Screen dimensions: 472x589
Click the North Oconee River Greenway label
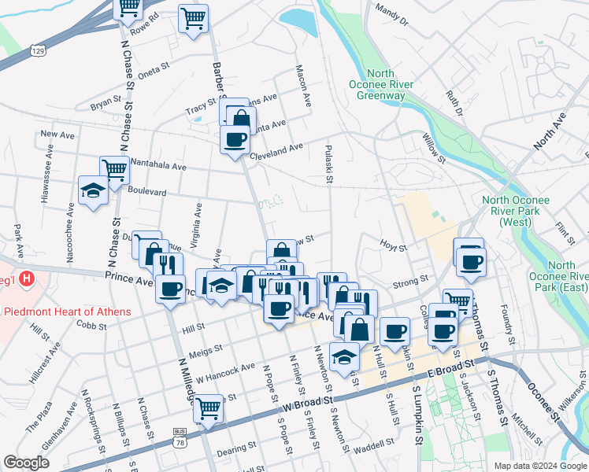(x=381, y=84)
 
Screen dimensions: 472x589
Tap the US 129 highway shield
(x=37, y=50)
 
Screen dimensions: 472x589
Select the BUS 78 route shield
(x=180, y=437)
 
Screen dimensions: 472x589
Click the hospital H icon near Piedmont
(x=27, y=278)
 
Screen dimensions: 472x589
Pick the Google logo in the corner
(x=26, y=463)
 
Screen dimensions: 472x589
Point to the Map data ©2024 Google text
(x=539, y=466)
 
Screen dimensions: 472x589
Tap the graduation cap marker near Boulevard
(x=93, y=190)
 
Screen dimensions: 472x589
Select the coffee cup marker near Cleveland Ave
(x=235, y=140)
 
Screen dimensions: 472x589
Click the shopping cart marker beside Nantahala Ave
(x=115, y=168)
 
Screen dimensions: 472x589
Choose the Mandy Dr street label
(x=392, y=15)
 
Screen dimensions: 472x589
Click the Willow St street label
(x=434, y=148)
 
